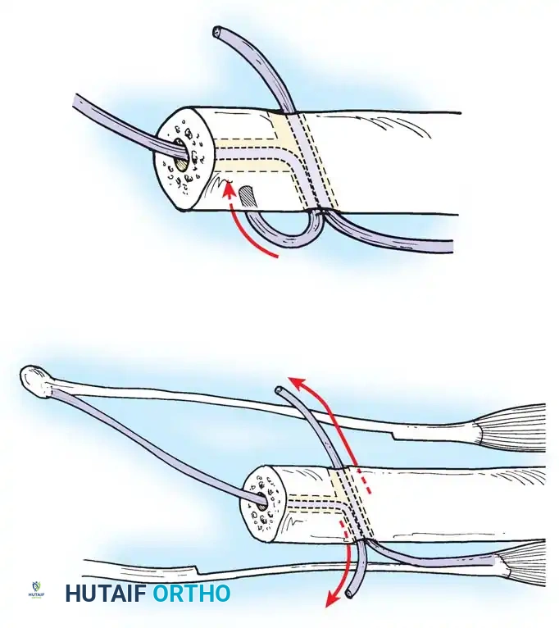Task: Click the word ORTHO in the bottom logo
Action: pos(191,593)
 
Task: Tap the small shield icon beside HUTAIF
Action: pos(35,592)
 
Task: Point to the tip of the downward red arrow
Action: pos(328,607)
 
